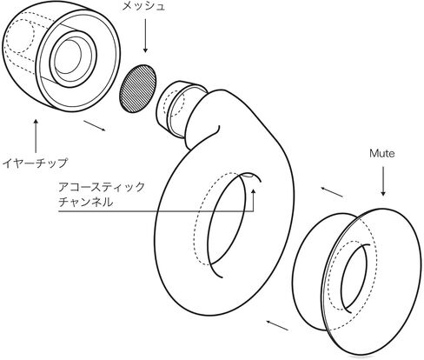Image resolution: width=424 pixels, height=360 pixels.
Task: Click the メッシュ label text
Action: (x=143, y=6)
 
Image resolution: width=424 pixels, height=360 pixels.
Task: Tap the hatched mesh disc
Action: (x=138, y=89)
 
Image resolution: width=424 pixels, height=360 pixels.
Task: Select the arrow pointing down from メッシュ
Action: (x=145, y=36)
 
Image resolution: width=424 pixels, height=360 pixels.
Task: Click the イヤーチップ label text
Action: (x=35, y=163)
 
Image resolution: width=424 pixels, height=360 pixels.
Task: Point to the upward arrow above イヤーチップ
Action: (x=36, y=136)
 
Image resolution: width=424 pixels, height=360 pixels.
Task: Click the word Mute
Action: (x=381, y=153)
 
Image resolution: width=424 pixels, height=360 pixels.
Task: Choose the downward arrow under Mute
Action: (x=383, y=181)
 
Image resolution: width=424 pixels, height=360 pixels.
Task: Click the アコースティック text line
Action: (x=102, y=187)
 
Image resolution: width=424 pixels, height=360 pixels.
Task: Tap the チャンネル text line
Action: (x=85, y=202)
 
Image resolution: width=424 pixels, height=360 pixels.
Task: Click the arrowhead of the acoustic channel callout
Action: (x=254, y=190)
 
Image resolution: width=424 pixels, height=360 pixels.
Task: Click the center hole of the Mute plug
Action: (x=354, y=278)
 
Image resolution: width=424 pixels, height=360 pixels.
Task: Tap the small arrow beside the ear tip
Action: (x=95, y=126)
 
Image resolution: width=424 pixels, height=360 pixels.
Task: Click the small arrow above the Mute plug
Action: (x=332, y=192)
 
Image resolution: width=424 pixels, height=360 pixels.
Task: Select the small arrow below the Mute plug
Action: (x=277, y=325)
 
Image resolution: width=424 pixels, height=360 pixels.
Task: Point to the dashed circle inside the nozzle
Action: (x=174, y=103)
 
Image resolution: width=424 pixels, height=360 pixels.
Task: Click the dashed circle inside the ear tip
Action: (x=20, y=37)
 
